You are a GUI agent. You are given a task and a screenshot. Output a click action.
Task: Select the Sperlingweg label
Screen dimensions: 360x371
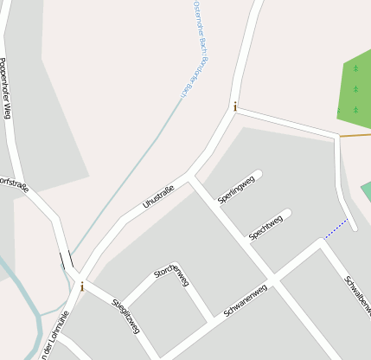click(x=236, y=189)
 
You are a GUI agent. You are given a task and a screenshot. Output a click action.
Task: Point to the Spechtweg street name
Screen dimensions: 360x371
click(x=265, y=227)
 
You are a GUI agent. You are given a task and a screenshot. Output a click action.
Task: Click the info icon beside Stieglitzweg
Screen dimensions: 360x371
click(x=82, y=286)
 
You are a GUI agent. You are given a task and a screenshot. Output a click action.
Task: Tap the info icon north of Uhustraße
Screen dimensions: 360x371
click(x=234, y=106)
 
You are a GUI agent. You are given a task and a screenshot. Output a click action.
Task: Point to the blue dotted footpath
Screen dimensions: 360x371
click(x=336, y=229)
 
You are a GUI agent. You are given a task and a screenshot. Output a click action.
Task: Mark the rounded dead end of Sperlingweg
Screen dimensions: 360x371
click(x=257, y=175)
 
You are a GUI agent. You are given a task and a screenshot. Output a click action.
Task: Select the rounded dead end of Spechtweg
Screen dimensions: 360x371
click(x=286, y=213)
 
